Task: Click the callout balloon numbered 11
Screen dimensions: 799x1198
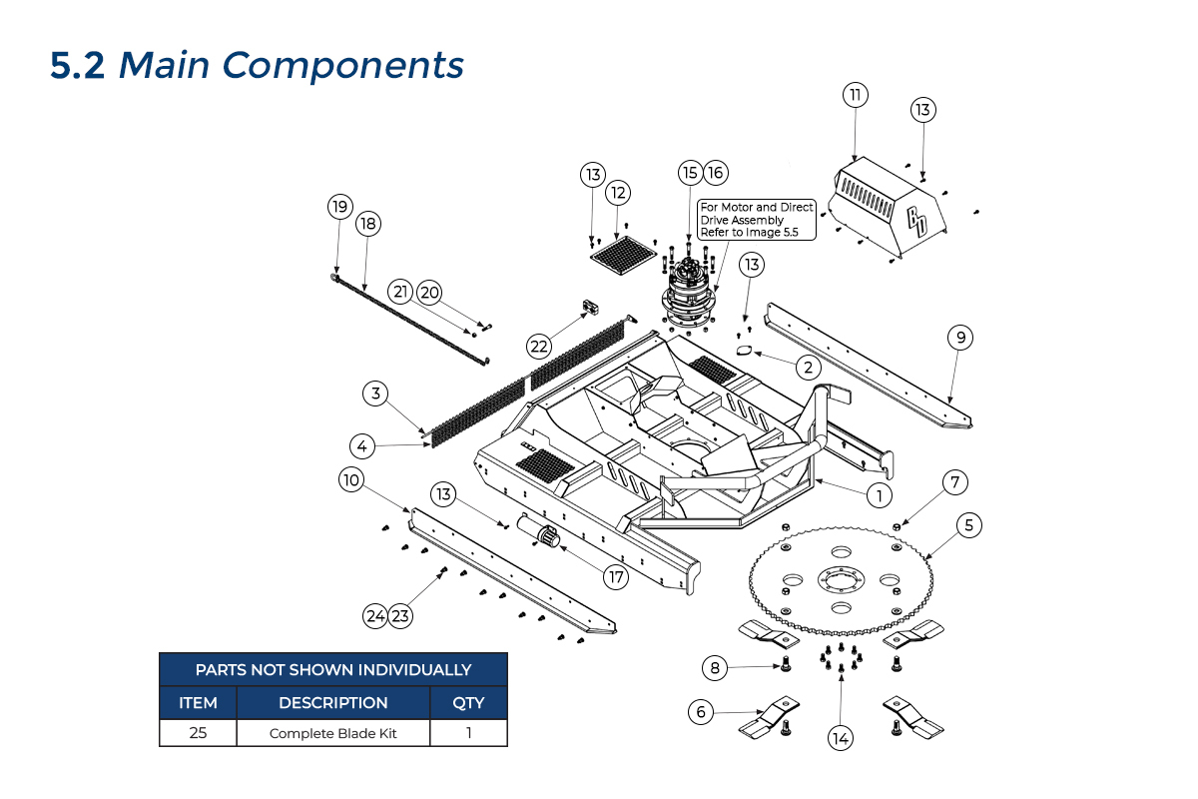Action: pos(855,96)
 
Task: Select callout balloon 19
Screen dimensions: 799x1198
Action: pos(339,207)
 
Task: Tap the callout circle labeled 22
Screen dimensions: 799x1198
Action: pos(540,346)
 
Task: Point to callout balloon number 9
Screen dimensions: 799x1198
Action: pos(959,338)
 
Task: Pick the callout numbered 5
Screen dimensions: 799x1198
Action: pos(967,523)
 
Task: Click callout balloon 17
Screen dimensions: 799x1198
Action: pos(616,576)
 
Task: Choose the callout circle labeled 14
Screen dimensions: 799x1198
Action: pos(841,739)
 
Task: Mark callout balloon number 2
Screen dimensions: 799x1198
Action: pos(807,367)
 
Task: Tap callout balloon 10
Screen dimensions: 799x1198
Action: pos(350,480)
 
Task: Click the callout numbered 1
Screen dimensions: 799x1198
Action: pos(879,494)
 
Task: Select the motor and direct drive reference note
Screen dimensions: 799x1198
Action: pos(757,220)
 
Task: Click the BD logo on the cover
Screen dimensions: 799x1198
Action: pos(917,222)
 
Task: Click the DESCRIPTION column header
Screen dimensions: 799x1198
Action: pos(333,702)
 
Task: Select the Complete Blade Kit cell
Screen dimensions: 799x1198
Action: pos(333,733)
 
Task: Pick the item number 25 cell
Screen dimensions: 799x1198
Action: pos(198,733)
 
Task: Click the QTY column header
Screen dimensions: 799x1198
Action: pos(468,702)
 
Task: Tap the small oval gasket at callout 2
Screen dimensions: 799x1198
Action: pos(744,350)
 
